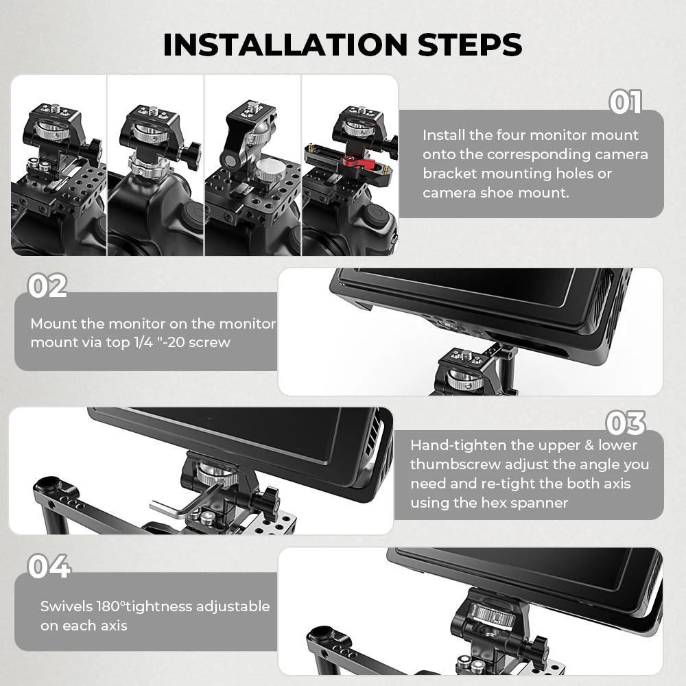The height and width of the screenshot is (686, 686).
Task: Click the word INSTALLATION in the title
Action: [285, 44]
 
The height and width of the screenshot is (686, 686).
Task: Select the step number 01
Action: [625, 102]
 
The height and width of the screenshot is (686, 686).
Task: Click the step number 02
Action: [47, 286]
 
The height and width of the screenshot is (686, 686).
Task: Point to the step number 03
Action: [625, 423]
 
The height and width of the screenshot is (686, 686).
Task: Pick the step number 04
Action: [49, 567]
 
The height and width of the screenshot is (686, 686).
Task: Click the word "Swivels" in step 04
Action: [64, 606]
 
